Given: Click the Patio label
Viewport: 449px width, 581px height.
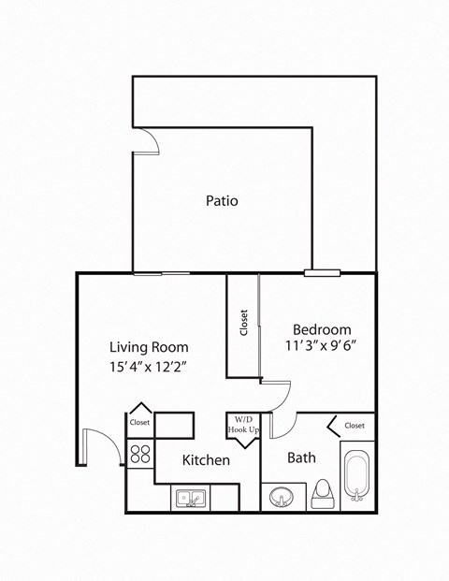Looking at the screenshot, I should click(222, 200).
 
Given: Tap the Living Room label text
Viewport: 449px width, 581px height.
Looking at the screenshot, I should click(148, 345).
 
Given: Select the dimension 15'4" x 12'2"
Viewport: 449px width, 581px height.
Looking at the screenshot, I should click(148, 367).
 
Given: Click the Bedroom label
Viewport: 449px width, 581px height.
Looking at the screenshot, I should click(322, 329).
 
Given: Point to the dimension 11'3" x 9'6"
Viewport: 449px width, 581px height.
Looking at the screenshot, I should click(322, 345).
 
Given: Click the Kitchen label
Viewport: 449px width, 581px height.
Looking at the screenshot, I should click(206, 460).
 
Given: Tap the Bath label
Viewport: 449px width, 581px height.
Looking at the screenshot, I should click(302, 458).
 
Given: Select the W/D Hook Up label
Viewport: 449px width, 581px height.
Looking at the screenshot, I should click(243, 425).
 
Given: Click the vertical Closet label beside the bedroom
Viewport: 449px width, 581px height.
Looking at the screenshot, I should click(243, 324).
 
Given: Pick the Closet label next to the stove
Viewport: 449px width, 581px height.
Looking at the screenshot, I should click(139, 422).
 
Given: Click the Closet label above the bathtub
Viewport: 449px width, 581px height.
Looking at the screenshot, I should click(355, 425).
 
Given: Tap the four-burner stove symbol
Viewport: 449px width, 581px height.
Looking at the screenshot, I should click(140, 454).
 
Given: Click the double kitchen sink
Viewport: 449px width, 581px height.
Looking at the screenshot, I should click(190, 499).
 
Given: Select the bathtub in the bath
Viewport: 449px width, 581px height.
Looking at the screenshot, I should click(357, 477).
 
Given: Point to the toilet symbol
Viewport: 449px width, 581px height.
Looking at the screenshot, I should click(323, 494).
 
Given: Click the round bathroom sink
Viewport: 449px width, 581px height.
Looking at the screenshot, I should click(280, 496).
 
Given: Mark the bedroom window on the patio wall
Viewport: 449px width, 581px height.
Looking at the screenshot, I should click(322, 273).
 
